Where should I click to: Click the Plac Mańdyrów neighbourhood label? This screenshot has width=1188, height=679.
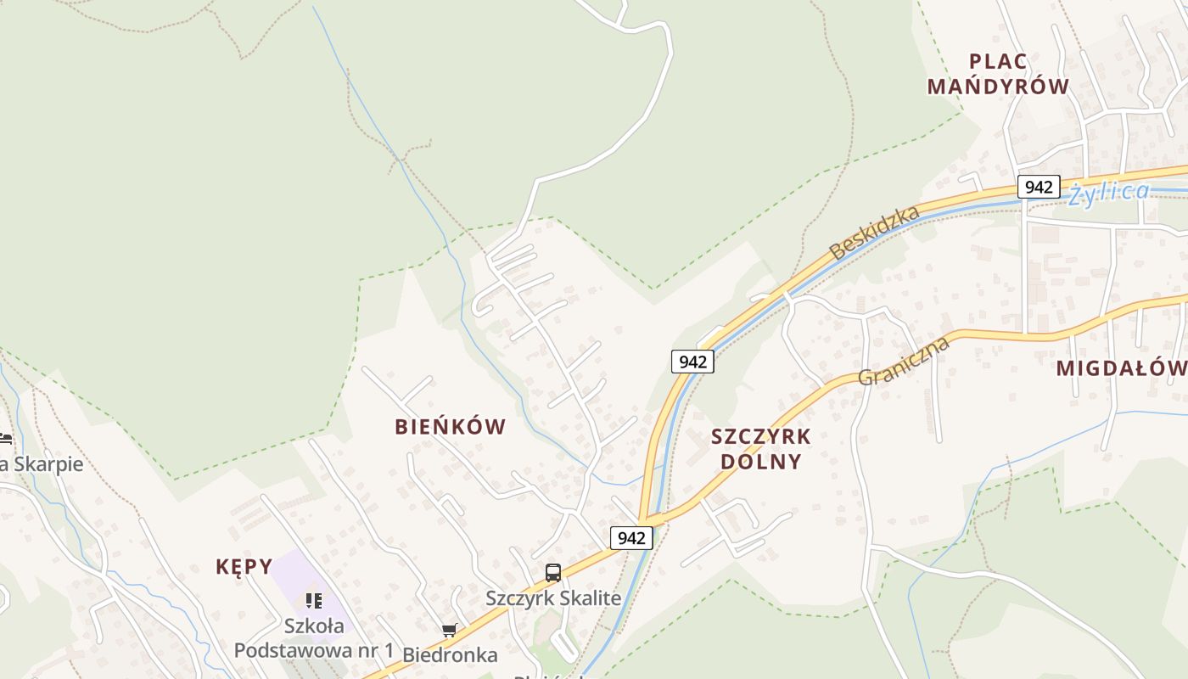(x=998, y=74)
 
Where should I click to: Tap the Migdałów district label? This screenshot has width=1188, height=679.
(x=1120, y=368)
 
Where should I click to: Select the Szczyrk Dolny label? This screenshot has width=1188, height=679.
(x=760, y=449)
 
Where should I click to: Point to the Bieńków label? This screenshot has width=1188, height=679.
(x=450, y=427)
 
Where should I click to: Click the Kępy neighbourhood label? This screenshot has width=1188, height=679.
(x=244, y=567)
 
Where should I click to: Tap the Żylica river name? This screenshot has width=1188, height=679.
(x=1108, y=193)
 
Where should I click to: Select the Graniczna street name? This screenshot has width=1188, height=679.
(x=903, y=362)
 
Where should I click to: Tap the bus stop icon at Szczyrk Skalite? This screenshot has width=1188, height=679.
(x=553, y=573)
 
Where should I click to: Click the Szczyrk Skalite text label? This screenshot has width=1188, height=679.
(x=553, y=598)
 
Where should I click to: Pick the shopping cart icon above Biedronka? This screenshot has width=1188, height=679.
(x=449, y=630)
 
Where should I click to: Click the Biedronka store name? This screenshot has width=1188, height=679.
(x=450, y=654)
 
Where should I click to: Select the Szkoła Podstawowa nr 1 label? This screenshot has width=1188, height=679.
(x=314, y=638)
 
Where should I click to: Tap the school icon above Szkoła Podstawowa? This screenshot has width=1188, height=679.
(x=314, y=601)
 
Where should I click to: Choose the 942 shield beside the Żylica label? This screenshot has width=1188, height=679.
(x=1039, y=187)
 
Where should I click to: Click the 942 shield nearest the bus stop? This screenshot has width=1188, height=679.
(x=631, y=537)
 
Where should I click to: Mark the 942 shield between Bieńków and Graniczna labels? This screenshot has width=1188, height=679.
(x=692, y=362)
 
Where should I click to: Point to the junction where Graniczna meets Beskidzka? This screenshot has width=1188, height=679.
(x=647, y=519)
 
